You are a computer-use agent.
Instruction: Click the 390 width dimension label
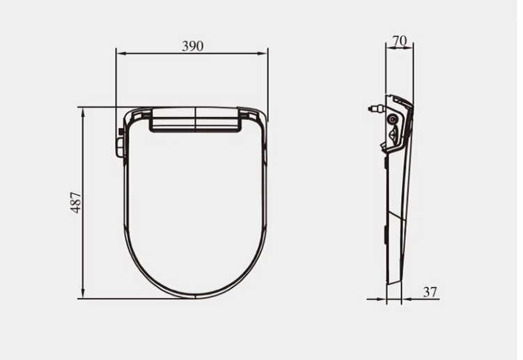point(192,46)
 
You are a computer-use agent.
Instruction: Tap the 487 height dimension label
point(76,203)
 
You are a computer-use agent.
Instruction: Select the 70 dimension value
point(400,40)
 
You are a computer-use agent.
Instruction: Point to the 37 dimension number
point(430,292)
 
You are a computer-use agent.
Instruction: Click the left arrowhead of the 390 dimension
point(121,54)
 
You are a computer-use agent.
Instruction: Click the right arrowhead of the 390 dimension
point(263,54)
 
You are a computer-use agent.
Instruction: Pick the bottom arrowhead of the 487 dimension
point(83,293)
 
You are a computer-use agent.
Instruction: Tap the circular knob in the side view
point(392,119)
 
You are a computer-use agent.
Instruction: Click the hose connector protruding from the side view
point(376,109)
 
